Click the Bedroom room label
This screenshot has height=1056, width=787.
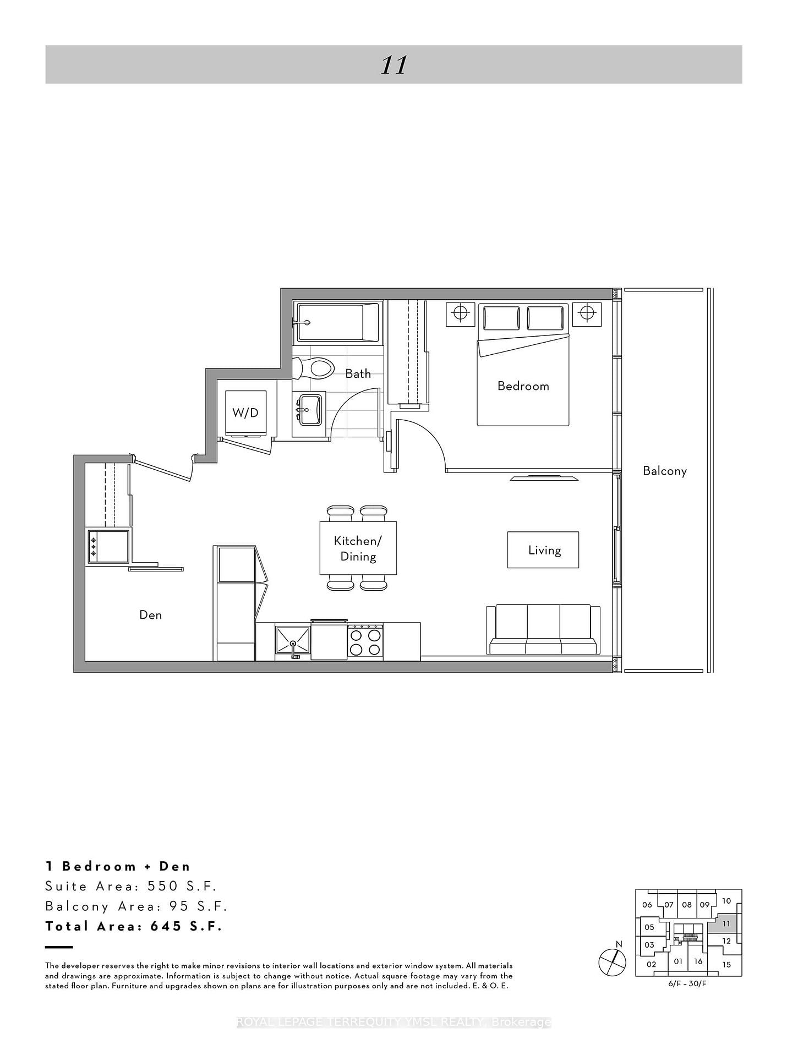click(x=523, y=386)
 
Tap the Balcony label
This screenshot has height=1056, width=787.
click(x=664, y=471)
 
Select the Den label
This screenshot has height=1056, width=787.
click(x=150, y=615)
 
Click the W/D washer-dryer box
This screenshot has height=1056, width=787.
click(x=245, y=413)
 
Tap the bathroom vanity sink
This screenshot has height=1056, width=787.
click(x=310, y=410)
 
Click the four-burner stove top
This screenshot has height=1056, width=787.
click(x=365, y=642)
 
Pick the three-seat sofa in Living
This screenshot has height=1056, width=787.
click(x=543, y=630)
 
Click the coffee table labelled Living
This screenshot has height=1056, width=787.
click(x=543, y=550)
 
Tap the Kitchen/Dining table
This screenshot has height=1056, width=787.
click(x=358, y=548)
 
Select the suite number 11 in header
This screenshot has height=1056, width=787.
click(x=393, y=65)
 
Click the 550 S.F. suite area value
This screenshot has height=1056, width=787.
click(x=182, y=886)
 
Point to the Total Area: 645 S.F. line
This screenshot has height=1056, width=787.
click(x=134, y=926)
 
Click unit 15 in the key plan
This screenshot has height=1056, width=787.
click(x=726, y=964)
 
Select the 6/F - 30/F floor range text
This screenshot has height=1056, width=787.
click(x=687, y=983)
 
